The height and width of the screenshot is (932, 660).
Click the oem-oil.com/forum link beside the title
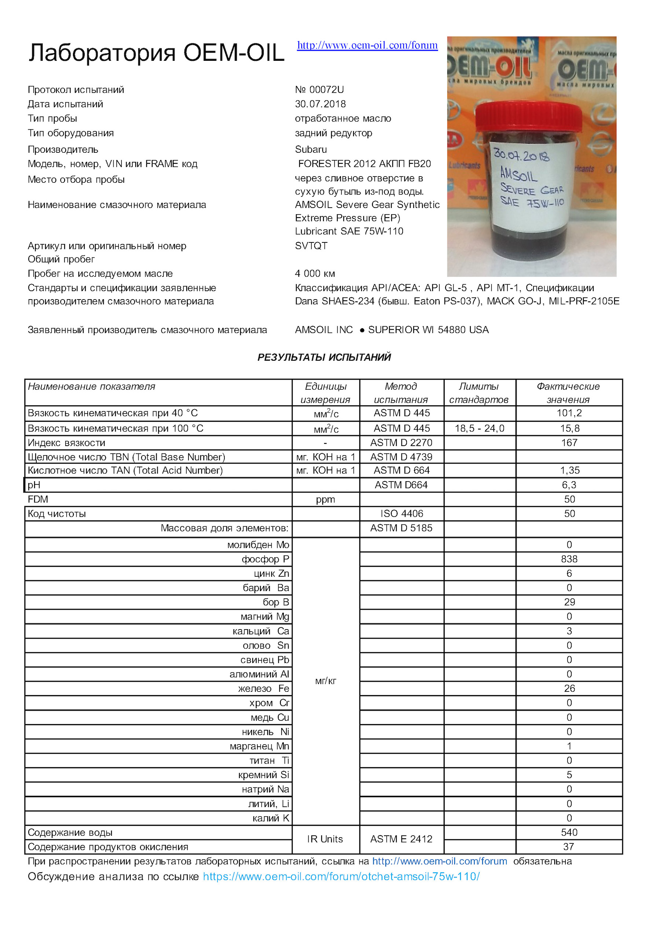[x=367, y=45]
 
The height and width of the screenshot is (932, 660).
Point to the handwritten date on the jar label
[x=521, y=155]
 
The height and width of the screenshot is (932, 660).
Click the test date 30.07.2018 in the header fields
[x=320, y=104]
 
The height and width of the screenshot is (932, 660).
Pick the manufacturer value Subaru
[x=311, y=149]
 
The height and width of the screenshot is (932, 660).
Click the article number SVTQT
[x=311, y=246]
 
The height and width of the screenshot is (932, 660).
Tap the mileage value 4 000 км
[x=315, y=274]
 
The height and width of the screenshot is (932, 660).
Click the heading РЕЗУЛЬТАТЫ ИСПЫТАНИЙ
[x=324, y=357]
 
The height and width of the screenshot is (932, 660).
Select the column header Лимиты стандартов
[x=479, y=393]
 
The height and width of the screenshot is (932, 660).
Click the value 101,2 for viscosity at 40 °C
[x=569, y=413]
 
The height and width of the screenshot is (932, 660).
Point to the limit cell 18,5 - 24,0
[x=479, y=428]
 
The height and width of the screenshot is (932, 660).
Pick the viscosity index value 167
[x=569, y=442]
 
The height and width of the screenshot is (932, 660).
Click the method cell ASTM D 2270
[x=401, y=442]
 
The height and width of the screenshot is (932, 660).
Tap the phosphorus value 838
[x=569, y=559]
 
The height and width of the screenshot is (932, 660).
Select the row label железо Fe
[x=263, y=688]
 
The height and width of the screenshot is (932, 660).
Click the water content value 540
[x=569, y=832]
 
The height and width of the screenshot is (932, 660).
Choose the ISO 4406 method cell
[x=401, y=513]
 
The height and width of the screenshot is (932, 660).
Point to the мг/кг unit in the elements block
[x=326, y=681]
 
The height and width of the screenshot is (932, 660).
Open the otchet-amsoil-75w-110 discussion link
[x=341, y=876]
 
